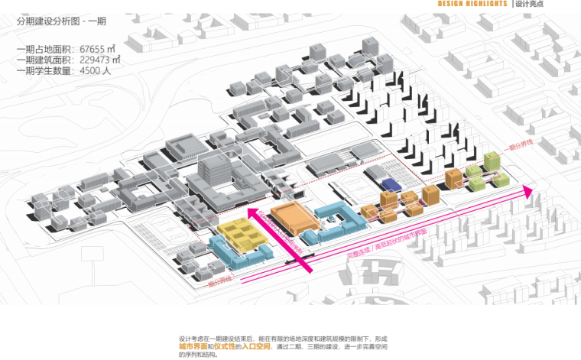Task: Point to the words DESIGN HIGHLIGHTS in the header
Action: [x=472, y=5]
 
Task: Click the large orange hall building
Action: [x=295, y=217]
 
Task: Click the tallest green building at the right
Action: [x=492, y=162]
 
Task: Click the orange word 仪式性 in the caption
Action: [x=227, y=346]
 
